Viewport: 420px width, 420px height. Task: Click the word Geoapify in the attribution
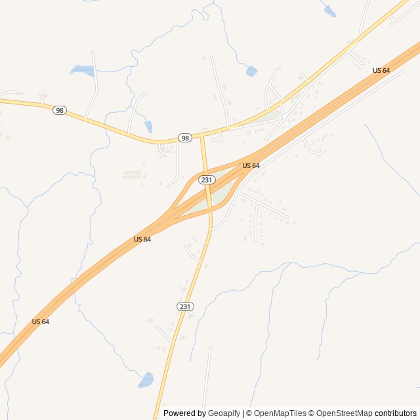pyautogui.click(x=224, y=413)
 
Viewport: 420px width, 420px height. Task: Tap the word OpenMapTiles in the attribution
pyautogui.click(x=280, y=413)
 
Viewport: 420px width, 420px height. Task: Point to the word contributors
pyautogui.click(x=396, y=413)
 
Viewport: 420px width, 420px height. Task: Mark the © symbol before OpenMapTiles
pyautogui.click(x=249, y=413)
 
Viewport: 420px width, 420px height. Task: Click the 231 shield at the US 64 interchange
pyautogui.click(x=207, y=179)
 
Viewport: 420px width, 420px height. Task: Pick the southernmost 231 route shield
pyautogui.click(x=185, y=306)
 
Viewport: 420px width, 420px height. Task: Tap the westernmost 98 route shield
pyautogui.click(x=60, y=110)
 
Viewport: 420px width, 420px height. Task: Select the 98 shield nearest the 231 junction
pyautogui.click(x=185, y=138)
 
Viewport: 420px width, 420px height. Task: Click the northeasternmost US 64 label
pyautogui.click(x=381, y=70)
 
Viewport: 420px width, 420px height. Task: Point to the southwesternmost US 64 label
pyautogui.click(x=41, y=322)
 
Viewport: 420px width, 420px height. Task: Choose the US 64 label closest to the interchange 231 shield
pyautogui.click(x=251, y=165)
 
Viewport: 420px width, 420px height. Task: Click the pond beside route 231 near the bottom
pyautogui.click(x=146, y=380)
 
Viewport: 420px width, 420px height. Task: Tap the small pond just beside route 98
pyautogui.click(x=149, y=126)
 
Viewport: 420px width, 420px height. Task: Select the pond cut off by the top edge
pyautogui.click(x=329, y=11)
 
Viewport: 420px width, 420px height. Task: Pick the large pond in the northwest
pyautogui.click(x=82, y=70)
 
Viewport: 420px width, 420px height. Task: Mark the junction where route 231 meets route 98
pyautogui.click(x=202, y=136)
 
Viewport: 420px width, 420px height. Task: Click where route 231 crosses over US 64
pyautogui.click(x=209, y=197)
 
